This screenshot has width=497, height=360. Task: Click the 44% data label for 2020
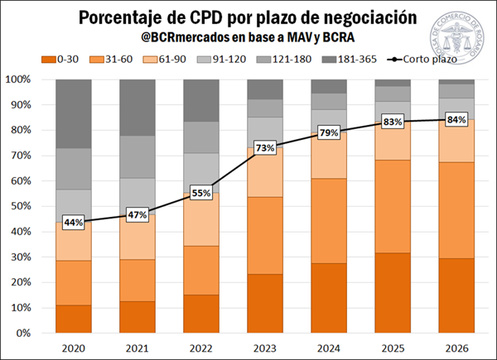coord(74,223)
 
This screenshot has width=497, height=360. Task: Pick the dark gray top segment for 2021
coord(138,108)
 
